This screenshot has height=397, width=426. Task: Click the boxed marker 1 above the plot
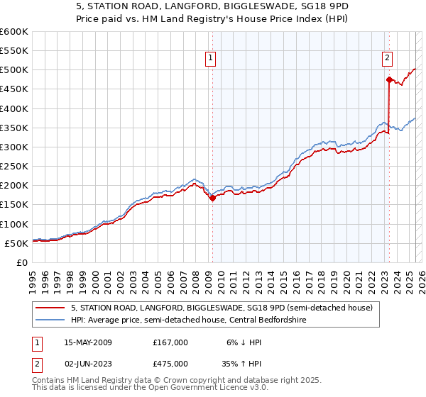[212, 59]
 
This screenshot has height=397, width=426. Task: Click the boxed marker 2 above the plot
[387, 59]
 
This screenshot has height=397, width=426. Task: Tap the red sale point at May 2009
[212, 198]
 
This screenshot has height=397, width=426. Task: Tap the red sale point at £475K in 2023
[389, 79]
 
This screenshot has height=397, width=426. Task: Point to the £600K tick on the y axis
[14, 32]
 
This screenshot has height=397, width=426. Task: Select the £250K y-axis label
[14, 167]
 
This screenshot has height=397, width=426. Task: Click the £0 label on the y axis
[22, 262]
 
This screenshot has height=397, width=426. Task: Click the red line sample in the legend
[50, 307]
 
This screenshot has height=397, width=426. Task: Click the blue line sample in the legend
[50, 320]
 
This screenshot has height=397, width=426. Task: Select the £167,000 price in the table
[170, 342]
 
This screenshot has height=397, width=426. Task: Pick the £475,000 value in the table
[170, 363]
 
